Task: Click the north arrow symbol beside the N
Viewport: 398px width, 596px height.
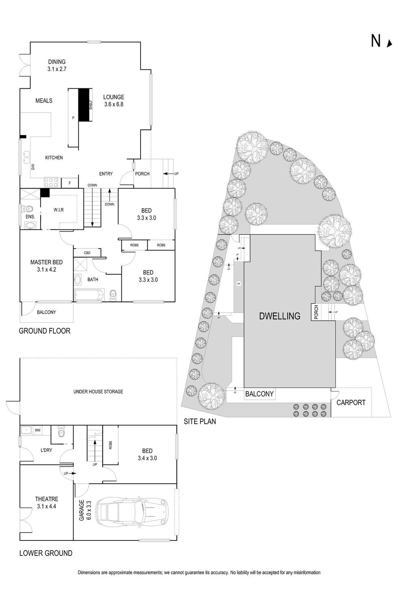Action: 390,44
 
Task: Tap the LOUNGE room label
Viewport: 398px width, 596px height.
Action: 114,97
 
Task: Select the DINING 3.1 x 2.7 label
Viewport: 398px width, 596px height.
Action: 57,65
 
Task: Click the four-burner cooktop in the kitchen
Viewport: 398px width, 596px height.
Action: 51,182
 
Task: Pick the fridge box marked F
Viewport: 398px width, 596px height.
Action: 70,183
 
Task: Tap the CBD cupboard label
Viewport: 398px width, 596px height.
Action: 87,253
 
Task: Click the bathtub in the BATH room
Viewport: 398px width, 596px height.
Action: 88,295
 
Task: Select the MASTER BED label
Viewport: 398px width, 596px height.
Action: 46,262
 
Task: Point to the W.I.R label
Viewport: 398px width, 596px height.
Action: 58,210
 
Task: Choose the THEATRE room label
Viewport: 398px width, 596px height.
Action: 47,499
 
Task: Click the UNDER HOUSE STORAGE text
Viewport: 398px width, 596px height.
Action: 98,392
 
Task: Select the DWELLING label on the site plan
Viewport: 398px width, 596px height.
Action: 280,316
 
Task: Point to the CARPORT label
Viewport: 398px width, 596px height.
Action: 351,403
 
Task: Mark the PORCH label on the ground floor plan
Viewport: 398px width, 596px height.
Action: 142,174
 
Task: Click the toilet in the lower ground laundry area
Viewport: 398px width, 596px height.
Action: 61,432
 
